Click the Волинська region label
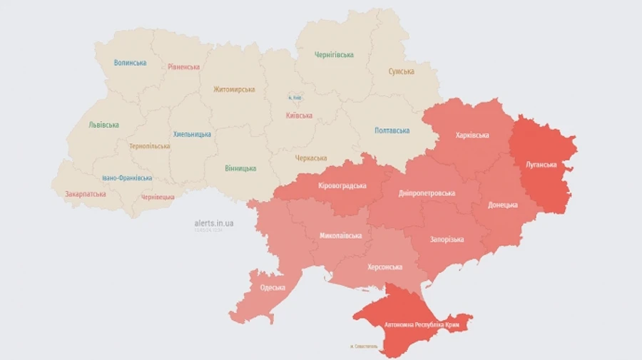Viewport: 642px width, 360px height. (x=130, y=63)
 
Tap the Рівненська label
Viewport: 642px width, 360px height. (x=183, y=66)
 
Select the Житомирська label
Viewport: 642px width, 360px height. (x=234, y=89)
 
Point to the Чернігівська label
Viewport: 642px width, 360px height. (x=334, y=55)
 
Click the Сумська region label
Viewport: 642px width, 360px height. (x=402, y=71)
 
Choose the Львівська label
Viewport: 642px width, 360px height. (x=103, y=124)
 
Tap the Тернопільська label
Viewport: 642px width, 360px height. (x=150, y=146)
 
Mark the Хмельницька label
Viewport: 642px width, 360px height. (x=192, y=134)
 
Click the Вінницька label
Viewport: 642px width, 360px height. (x=240, y=168)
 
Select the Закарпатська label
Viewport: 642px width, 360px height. (x=86, y=193)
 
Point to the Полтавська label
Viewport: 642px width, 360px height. (x=392, y=130)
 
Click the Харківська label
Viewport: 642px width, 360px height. (x=472, y=135)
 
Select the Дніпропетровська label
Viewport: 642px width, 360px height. (x=427, y=192)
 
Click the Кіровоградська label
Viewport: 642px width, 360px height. (x=342, y=185)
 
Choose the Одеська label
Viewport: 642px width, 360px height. (x=272, y=287)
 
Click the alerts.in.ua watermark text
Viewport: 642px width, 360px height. (x=214, y=223)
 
